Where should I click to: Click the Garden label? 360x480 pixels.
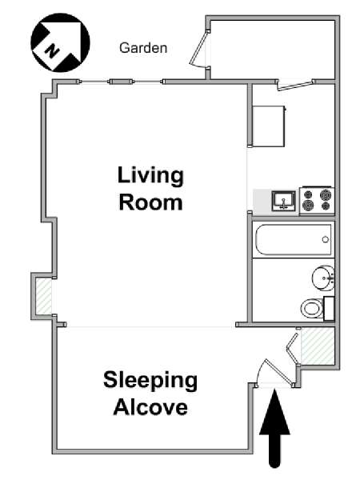tap(143, 48)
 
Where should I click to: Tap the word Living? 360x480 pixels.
tap(150, 176)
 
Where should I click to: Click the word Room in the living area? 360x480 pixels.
tap(150, 202)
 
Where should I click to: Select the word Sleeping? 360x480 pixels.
tap(150, 381)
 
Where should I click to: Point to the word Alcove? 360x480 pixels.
tap(150, 407)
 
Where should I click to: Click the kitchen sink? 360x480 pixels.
tap(284, 201)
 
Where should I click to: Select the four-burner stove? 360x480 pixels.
tap(317, 200)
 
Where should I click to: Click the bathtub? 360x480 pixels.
tap(294, 240)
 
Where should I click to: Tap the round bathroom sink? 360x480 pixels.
tap(323, 278)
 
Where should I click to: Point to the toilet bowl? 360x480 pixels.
tap(312, 308)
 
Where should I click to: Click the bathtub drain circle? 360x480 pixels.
tap(326, 240)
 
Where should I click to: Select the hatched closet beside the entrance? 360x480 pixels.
tap(318, 346)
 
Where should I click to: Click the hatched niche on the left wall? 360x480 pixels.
tap(44, 296)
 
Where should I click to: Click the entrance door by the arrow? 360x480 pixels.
tap(274, 372)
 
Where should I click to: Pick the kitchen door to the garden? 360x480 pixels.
tap(295, 86)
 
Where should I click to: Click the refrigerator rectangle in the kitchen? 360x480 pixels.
tap(269, 126)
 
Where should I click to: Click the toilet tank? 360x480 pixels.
tap(329, 308)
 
